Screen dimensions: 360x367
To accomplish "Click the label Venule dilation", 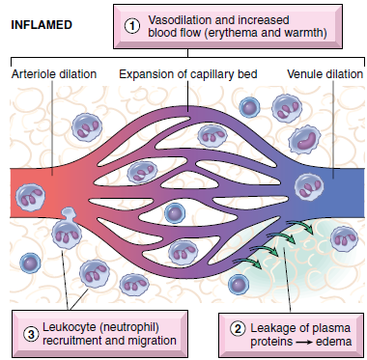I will (324, 74).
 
